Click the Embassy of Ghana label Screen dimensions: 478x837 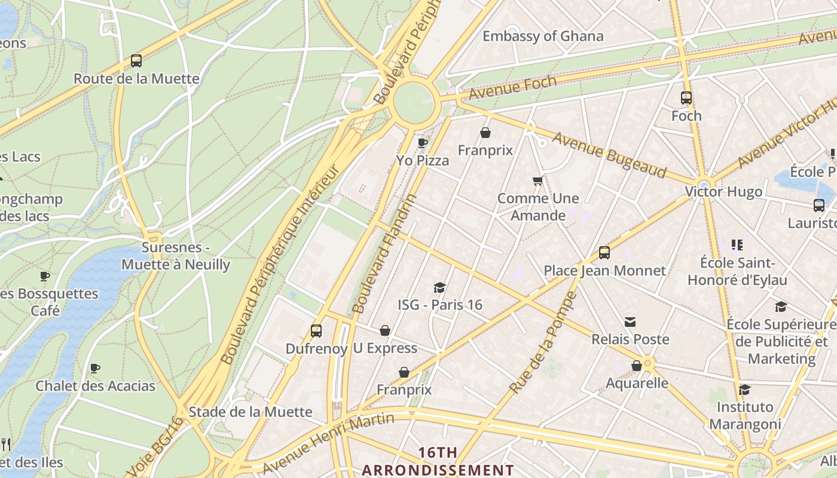(543, 36)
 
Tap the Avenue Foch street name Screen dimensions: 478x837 (512, 87)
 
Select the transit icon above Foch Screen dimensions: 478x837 (686, 98)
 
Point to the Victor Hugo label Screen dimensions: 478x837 (723, 192)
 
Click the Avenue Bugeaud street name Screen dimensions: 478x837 (609, 155)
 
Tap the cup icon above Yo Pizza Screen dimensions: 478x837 (423, 143)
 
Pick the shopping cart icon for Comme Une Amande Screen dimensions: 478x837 (537, 180)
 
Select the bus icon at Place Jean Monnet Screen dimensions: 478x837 (604, 253)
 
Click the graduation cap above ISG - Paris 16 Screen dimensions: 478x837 (440, 288)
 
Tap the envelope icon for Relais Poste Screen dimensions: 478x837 (630, 323)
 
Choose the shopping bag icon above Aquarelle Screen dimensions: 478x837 (637, 366)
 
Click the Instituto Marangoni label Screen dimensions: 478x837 (745, 415)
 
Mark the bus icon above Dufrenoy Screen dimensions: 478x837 (316, 331)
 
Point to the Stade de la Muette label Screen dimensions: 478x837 (250, 412)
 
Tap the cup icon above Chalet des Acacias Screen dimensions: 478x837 (94, 369)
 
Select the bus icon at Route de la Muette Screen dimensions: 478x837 (136, 61)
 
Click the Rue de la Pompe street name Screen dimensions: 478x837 (543, 342)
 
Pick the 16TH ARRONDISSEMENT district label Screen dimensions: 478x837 (438, 461)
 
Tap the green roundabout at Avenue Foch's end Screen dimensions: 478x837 (413, 103)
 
